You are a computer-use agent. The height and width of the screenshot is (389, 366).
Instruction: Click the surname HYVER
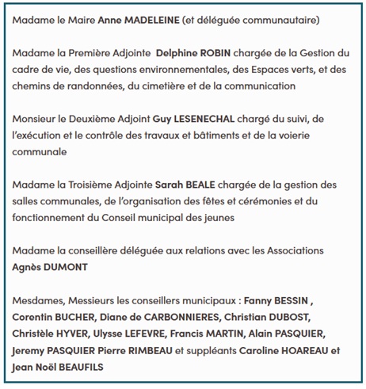coord(74,334)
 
